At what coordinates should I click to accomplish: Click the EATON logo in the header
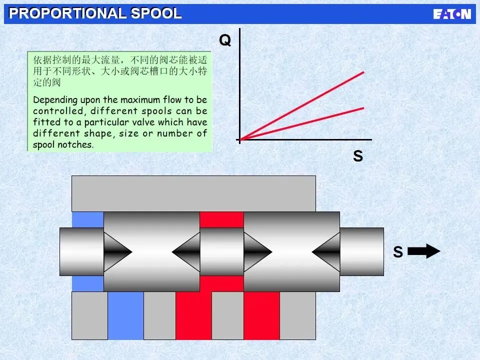point(452,14)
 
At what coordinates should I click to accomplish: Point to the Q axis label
point(225,40)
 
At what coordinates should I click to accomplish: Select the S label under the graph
point(357,156)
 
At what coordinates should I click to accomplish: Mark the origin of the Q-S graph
point(240,139)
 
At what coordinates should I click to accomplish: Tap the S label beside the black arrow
point(397,252)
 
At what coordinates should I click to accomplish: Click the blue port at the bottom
point(125,315)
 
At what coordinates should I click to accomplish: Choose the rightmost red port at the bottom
point(261,315)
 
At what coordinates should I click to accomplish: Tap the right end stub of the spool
point(361,251)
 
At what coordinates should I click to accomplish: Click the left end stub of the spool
point(81,251)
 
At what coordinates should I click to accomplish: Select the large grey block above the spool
point(193,193)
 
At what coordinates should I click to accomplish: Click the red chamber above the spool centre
point(221,219)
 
